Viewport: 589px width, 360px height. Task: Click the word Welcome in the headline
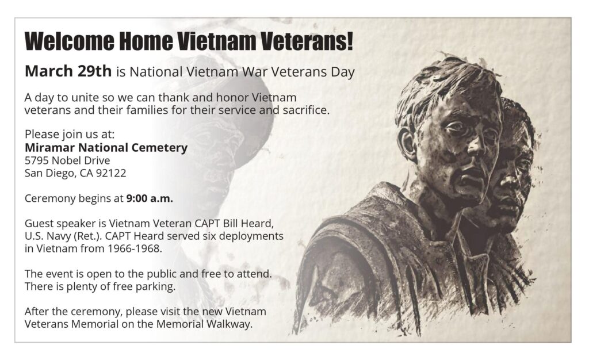(x=69, y=41)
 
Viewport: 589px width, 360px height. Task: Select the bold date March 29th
(x=68, y=71)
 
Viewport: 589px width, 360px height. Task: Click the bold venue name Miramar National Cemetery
(x=106, y=148)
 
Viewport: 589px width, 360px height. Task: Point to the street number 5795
(x=36, y=160)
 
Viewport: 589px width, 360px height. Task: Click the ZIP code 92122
(x=111, y=173)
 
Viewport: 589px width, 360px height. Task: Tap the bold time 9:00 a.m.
(x=150, y=198)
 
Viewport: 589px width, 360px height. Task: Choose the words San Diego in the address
(x=51, y=173)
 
